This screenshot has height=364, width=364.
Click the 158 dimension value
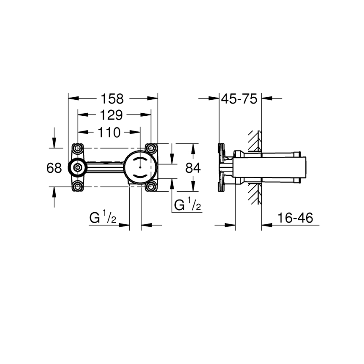tap(112, 99)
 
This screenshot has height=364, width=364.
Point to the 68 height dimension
tap(54, 168)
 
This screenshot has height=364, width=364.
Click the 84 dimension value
tap(193, 168)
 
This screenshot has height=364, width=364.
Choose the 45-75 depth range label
tap(239, 99)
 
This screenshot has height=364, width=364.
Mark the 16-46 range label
tap(295, 218)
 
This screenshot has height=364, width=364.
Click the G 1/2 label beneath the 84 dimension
tap(187, 205)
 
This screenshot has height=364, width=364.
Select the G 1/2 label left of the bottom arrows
tap(103, 218)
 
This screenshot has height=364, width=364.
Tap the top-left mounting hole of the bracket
tap(78, 149)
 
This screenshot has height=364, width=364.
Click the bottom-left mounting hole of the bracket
tap(78, 186)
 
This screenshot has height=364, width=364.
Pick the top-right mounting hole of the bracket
tap(151, 149)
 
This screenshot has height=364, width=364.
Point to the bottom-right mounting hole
tap(151, 186)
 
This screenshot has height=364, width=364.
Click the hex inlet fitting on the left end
tap(77, 167)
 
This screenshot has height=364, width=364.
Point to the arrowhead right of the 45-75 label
tap(267, 99)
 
